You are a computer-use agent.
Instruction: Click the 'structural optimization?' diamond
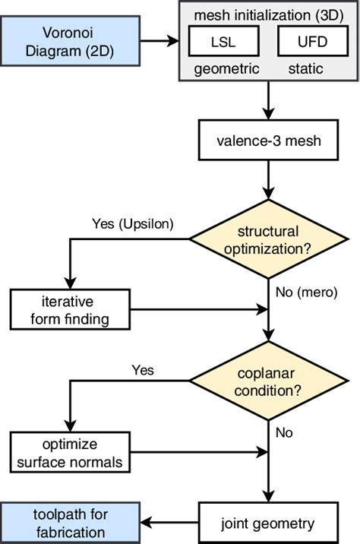267,241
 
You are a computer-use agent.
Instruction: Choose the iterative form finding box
71,309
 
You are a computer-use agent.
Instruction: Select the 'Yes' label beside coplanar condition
142,371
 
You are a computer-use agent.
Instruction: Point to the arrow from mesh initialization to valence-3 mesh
267,100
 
